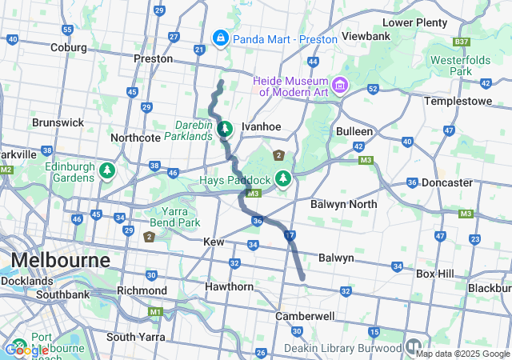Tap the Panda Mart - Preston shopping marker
point(219,38)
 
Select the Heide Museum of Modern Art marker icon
point(340,84)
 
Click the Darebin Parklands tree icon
point(226,128)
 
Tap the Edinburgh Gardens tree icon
point(106,170)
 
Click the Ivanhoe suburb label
point(262,126)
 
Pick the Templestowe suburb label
point(456,102)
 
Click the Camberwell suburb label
point(304,316)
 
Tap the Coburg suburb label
point(67,48)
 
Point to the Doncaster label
point(447,182)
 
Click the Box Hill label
point(435,274)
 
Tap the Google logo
point(26,350)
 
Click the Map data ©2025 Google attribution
point(462,354)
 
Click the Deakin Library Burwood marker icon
point(414,347)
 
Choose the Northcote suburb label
point(136,137)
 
